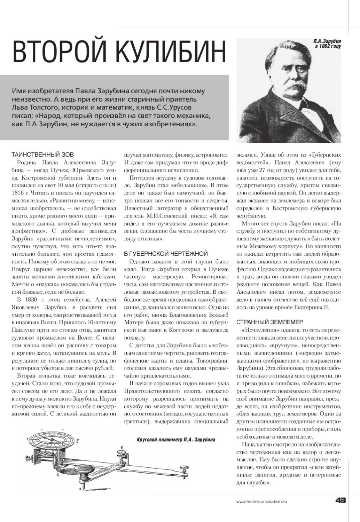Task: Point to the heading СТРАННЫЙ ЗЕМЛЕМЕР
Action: [269, 322]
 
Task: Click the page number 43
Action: [340, 501]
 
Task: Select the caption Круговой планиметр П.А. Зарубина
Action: [176, 440]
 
